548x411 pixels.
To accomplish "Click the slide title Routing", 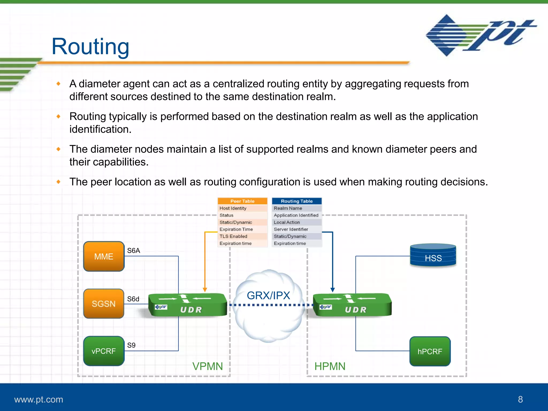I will [x=90, y=47].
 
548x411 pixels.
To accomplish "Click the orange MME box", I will [x=104, y=256].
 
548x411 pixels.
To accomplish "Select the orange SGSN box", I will [x=104, y=304].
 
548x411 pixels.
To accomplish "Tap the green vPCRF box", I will [x=104, y=351].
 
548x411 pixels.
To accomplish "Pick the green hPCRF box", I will [x=430, y=351].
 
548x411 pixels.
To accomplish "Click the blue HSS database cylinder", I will [x=433, y=256].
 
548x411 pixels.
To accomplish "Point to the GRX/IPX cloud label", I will [x=268, y=295].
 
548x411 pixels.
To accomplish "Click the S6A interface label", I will [x=134, y=251].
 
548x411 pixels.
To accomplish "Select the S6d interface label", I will [x=133, y=299].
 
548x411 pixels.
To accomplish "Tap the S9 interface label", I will [x=131, y=345].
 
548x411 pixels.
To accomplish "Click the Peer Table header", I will [x=242, y=201].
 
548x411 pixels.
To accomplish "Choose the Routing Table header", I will [x=296, y=201].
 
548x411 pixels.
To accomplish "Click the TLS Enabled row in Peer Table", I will [x=233, y=236].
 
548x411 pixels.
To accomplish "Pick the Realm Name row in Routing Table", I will [x=288, y=208].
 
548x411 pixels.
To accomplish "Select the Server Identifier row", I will [x=291, y=229].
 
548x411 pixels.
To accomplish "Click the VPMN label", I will [x=208, y=366].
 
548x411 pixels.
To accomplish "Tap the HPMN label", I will [x=330, y=366].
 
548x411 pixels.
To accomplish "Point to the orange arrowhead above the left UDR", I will [x=205, y=290].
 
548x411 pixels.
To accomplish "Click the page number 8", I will [x=520, y=399].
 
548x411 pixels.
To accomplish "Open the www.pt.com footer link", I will [x=39, y=399].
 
